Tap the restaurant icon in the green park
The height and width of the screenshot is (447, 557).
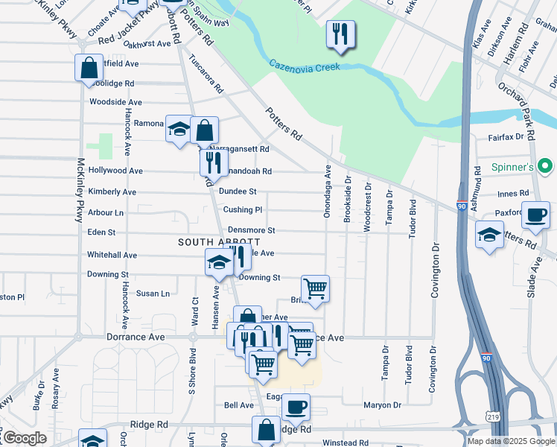pyautogui.click(x=340, y=34)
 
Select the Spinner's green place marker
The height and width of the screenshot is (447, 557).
pyautogui.click(x=545, y=165)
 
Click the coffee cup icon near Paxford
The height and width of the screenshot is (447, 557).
pyautogui.click(x=535, y=215)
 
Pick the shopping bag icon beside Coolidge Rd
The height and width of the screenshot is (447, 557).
pyautogui.click(x=89, y=69)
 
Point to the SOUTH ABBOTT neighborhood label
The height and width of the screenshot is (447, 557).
pyautogui.click(x=219, y=242)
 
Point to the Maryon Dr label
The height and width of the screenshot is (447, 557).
pyautogui.click(x=382, y=405)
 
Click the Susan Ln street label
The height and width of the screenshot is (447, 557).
pyautogui.click(x=153, y=294)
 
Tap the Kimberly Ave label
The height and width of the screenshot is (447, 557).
pyautogui.click(x=112, y=191)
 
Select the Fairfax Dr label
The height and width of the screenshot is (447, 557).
pyautogui.click(x=506, y=137)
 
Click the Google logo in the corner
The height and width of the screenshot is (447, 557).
pyautogui.click(x=25, y=438)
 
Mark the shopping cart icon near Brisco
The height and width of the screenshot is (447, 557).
pyautogui.click(x=316, y=288)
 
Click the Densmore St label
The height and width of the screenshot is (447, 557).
pyautogui.click(x=251, y=231)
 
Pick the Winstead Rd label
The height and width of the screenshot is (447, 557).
pyautogui.click(x=346, y=443)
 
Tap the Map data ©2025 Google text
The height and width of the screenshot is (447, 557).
pyautogui.click(x=510, y=441)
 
